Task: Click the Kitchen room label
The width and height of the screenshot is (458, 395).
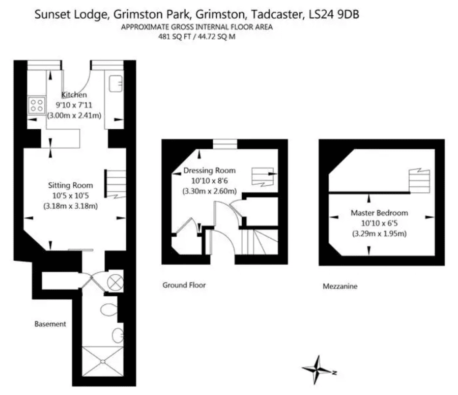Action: click(74, 95)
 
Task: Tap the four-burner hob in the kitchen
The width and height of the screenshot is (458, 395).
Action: click(37, 105)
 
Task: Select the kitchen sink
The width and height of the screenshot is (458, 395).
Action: click(116, 83)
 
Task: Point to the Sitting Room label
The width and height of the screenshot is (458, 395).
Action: click(70, 185)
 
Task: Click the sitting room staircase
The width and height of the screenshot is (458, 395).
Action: click(116, 184)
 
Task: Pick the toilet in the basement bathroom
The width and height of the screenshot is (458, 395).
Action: click(109, 309)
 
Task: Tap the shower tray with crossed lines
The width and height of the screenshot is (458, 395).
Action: click(103, 361)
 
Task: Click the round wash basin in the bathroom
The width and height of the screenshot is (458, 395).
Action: click(118, 335)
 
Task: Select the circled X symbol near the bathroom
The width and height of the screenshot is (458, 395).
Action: click(115, 283)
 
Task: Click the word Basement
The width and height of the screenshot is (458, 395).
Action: click(50, 324)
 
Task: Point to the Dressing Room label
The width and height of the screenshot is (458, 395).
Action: click(210, 171)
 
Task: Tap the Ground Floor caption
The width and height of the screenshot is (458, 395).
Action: click(184, 285)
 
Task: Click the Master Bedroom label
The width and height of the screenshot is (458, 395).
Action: click(380, 213)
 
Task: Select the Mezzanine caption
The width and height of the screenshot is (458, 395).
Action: click(340, 286)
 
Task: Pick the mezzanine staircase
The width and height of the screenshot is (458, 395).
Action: click(419, 181)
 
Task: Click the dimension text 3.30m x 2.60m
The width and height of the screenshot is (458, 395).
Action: click(210, 191)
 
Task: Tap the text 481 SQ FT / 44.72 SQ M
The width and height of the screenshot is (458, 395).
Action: click(197, 37)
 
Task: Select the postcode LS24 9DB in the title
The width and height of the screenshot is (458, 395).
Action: click(334, 14)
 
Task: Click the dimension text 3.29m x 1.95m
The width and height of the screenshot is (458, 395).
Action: click(380, 234)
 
